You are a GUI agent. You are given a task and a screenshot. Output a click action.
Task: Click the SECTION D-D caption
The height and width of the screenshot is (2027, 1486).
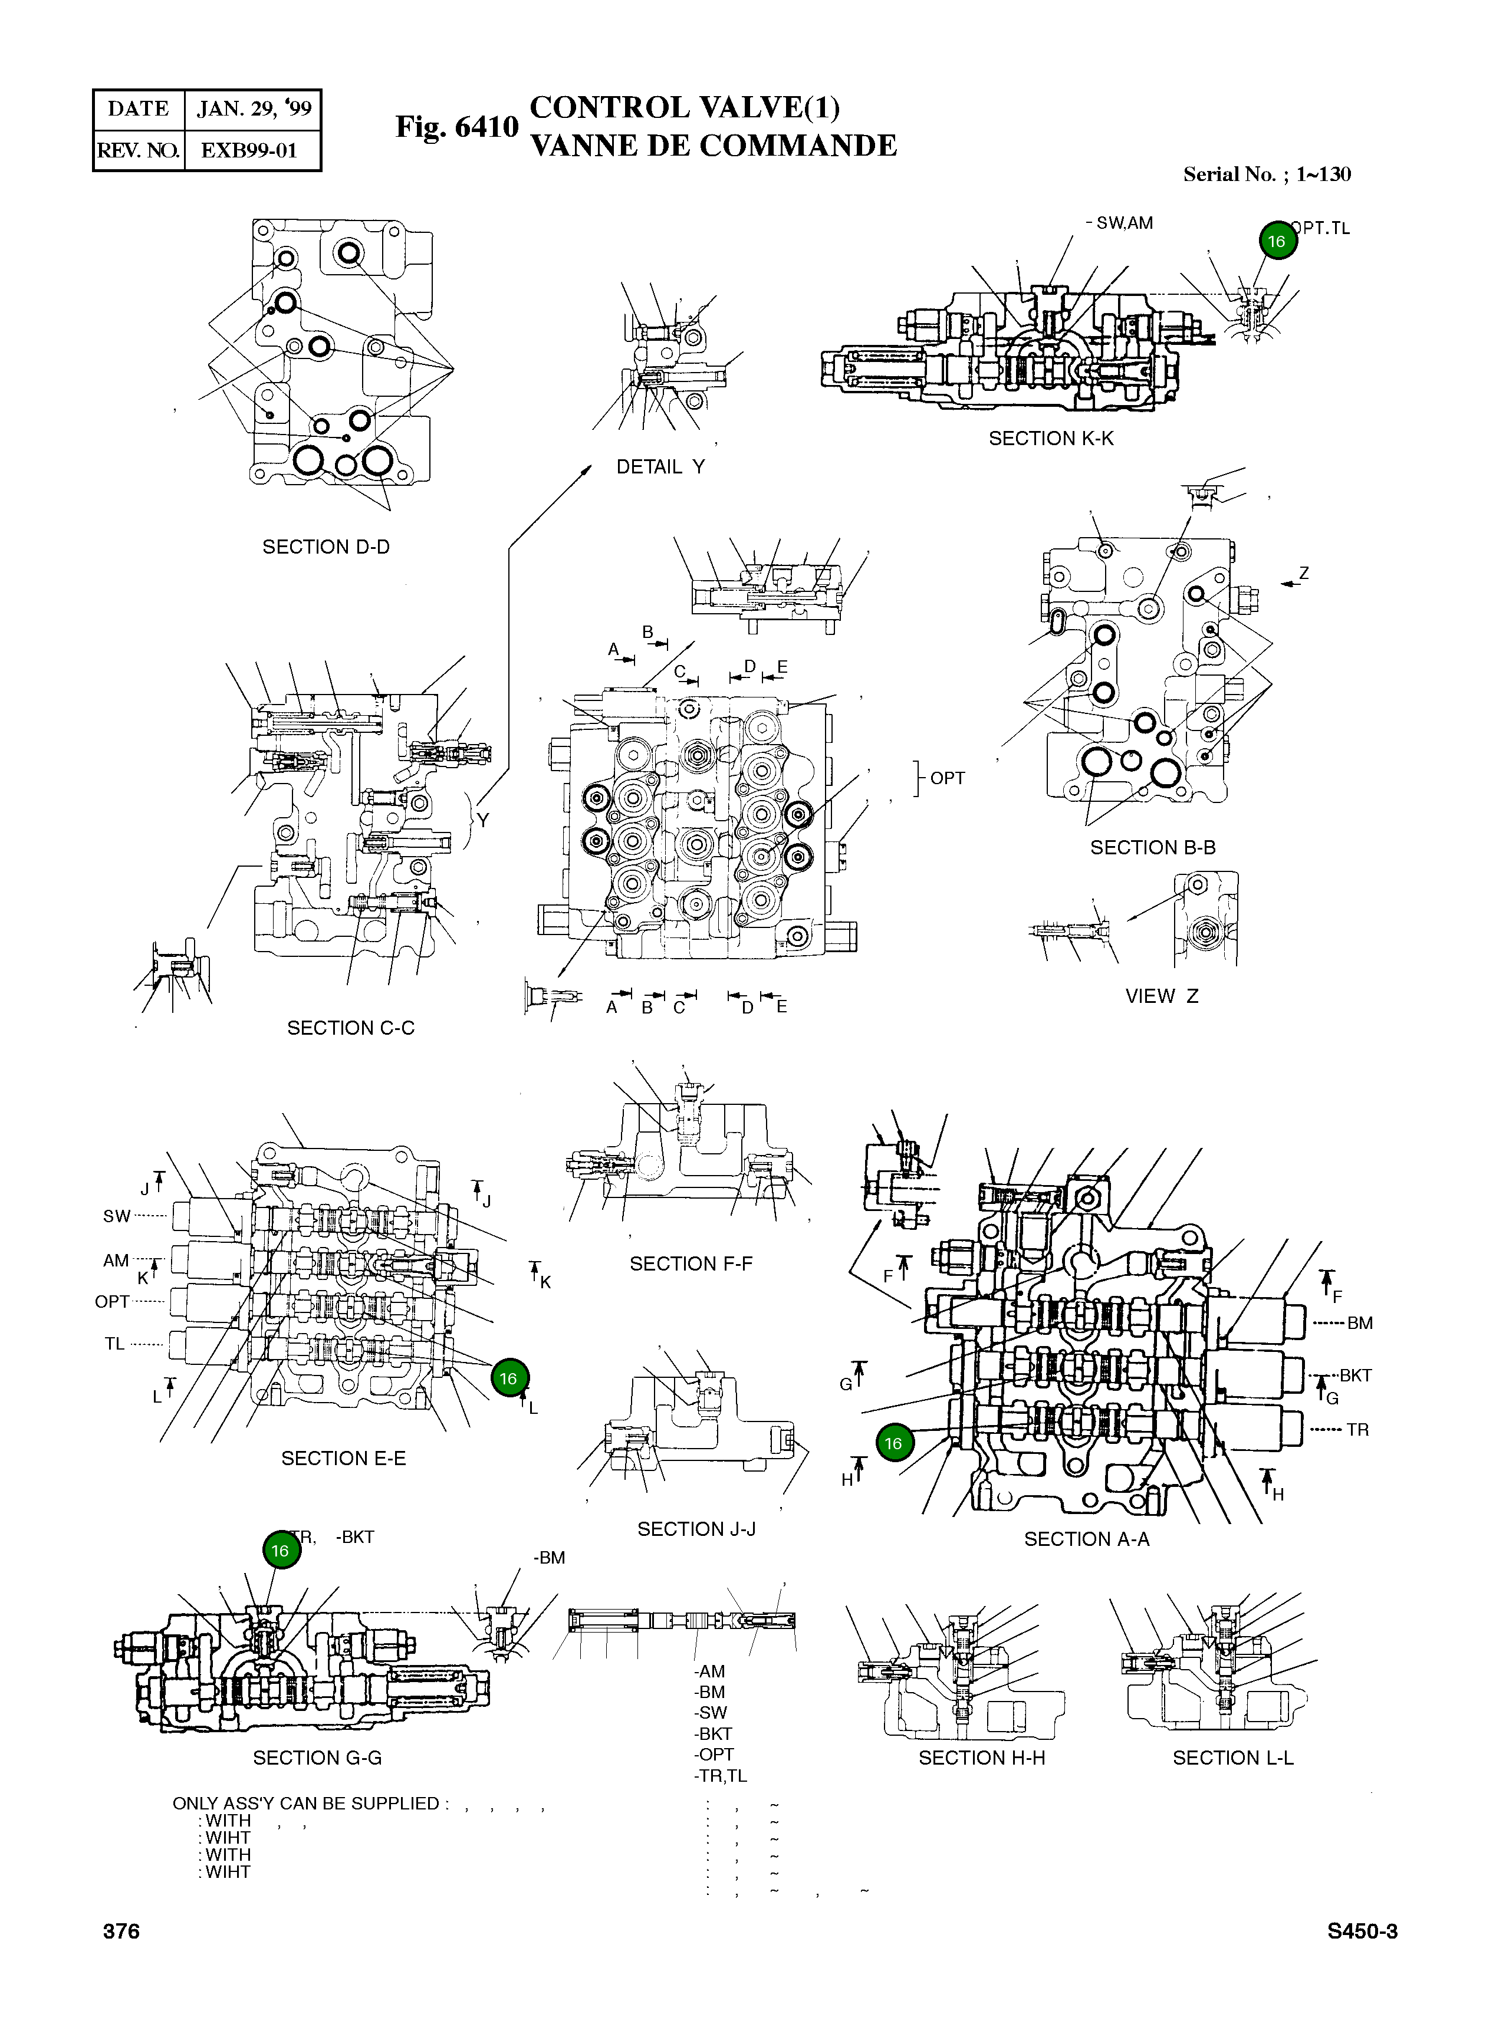(x=326, y=547)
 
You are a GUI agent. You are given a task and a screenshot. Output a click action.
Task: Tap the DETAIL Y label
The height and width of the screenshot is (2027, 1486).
(x=660, y=467)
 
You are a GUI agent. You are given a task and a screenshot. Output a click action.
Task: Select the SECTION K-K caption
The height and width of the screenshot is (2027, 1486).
(x=1051, y=438)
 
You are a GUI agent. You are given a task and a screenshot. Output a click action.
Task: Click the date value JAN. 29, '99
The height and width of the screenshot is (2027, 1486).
(x=254, y=109)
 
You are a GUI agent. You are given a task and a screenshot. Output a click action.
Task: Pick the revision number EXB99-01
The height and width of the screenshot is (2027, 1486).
(x=249, y=150)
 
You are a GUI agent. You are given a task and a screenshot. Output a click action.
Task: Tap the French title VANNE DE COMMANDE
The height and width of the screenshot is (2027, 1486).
(x=714, y=146)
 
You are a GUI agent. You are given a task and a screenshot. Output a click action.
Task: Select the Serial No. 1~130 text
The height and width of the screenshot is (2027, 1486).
(x=1267, y=175)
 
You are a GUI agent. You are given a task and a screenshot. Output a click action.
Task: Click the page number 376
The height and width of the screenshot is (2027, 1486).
(x=121, y=1931)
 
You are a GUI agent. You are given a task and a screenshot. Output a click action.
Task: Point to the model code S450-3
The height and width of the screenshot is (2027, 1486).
(x=1362, y=1931)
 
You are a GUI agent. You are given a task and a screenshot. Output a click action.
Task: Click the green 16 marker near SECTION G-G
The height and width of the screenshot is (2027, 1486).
(x=281, y=1551)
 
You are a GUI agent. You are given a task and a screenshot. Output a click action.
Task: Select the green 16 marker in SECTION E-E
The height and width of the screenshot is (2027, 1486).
(x=508, y=1378)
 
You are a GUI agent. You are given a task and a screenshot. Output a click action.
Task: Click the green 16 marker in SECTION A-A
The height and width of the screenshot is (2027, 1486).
(x=893, y=1443)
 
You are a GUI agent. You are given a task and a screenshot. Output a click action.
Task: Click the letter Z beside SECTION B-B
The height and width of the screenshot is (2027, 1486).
(x=1303, y=573)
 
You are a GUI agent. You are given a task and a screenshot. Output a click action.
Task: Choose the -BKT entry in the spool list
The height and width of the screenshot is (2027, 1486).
(x=714, y=1734)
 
